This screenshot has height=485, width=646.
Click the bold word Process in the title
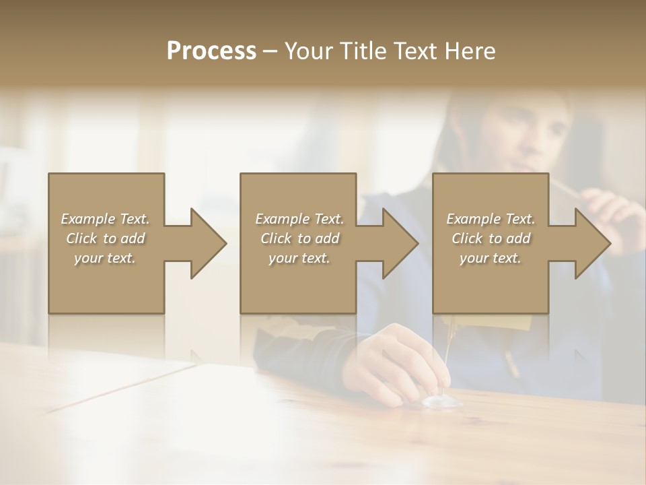[211, 51]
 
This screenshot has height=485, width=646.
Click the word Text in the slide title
[417, 51]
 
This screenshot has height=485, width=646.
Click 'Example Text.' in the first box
[106, 219]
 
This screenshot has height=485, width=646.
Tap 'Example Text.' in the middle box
[299, 219]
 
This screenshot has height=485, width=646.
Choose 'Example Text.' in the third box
[491, 219]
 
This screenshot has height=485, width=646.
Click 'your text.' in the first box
[105, 258]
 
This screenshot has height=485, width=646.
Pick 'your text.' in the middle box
[299, 258]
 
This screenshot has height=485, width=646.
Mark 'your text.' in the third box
[490, 258]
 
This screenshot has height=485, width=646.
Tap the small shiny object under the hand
[441, 401]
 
